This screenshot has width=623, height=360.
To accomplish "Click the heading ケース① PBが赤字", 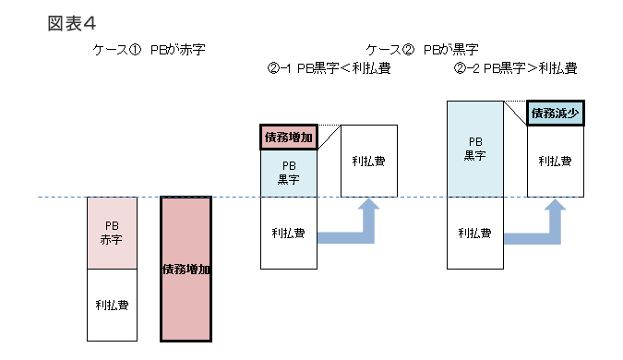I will pyautogui.click(x=148, y=50).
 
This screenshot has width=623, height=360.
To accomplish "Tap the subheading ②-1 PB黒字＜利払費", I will pyautogui.click(x=328, y=68).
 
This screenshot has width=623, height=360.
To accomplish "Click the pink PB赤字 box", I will pyautogui.click(x=111, y=233).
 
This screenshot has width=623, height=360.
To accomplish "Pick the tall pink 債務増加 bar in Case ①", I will pyautogui.click(x=186, y=270).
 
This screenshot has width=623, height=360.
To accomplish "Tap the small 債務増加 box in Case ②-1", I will pyautogui.click(x=289, y=138).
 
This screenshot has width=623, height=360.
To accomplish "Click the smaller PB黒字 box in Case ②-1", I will pyautogui.click(x=289, y=174).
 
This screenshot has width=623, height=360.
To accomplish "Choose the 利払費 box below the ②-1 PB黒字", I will pyautogui.click(x=289, y=233).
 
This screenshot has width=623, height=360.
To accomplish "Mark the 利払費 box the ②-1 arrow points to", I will pyautogui.click(x=369, y=162).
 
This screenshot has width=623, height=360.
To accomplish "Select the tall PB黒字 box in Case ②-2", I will pyautogui.click(x=475, y=149).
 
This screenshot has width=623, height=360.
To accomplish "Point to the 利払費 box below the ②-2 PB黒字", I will pyautogui.click(x=475, y=233).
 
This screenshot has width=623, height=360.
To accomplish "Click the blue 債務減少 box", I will pyautogui.click(x=556, y=114).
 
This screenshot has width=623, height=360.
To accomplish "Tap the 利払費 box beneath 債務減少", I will pyautogui.click(x=555, y=162).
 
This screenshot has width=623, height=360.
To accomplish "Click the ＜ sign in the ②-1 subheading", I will pyautogui.click(x=347, y=68).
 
